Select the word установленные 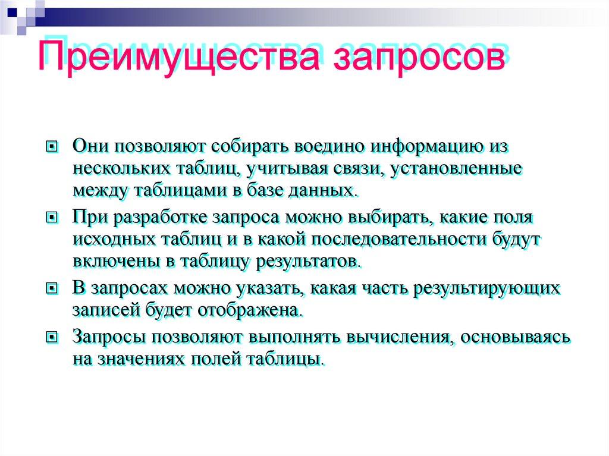[x=457, y=168]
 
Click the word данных [x=329, y=190]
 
